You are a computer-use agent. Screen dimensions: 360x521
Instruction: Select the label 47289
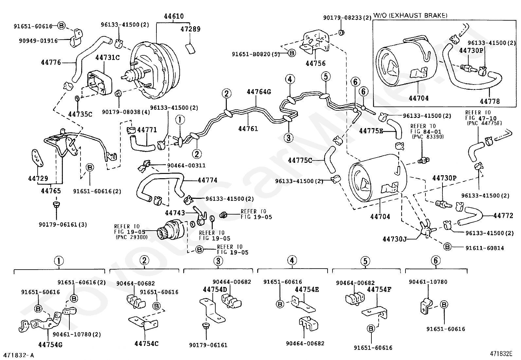[190, 29]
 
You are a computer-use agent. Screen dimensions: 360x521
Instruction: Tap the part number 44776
[51, 62]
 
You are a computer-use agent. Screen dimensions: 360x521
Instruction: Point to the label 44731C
[107, 58]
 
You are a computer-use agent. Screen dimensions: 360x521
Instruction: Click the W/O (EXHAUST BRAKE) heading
[410, 15]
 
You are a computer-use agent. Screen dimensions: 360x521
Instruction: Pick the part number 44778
[490, 101]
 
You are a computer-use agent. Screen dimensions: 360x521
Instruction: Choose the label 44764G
[259, 92]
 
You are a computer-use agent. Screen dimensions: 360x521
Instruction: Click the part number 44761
[248, 129]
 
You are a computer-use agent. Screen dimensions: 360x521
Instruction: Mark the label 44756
[315, 64]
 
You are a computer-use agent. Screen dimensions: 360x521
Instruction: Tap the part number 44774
[207, 180]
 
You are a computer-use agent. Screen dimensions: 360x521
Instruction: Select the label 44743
[175, 213]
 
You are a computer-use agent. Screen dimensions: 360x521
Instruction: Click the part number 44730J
[394, 239]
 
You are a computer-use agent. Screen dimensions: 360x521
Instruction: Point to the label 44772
[503, 216]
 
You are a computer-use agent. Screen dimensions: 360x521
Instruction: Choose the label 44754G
[50, 345]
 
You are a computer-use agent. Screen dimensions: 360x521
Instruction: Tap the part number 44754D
[215, 290]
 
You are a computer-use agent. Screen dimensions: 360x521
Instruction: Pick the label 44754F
[380, 290]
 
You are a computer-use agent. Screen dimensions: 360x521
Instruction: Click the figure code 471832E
[501, 353]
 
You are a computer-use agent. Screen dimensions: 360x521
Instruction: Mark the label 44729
[38, 179]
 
